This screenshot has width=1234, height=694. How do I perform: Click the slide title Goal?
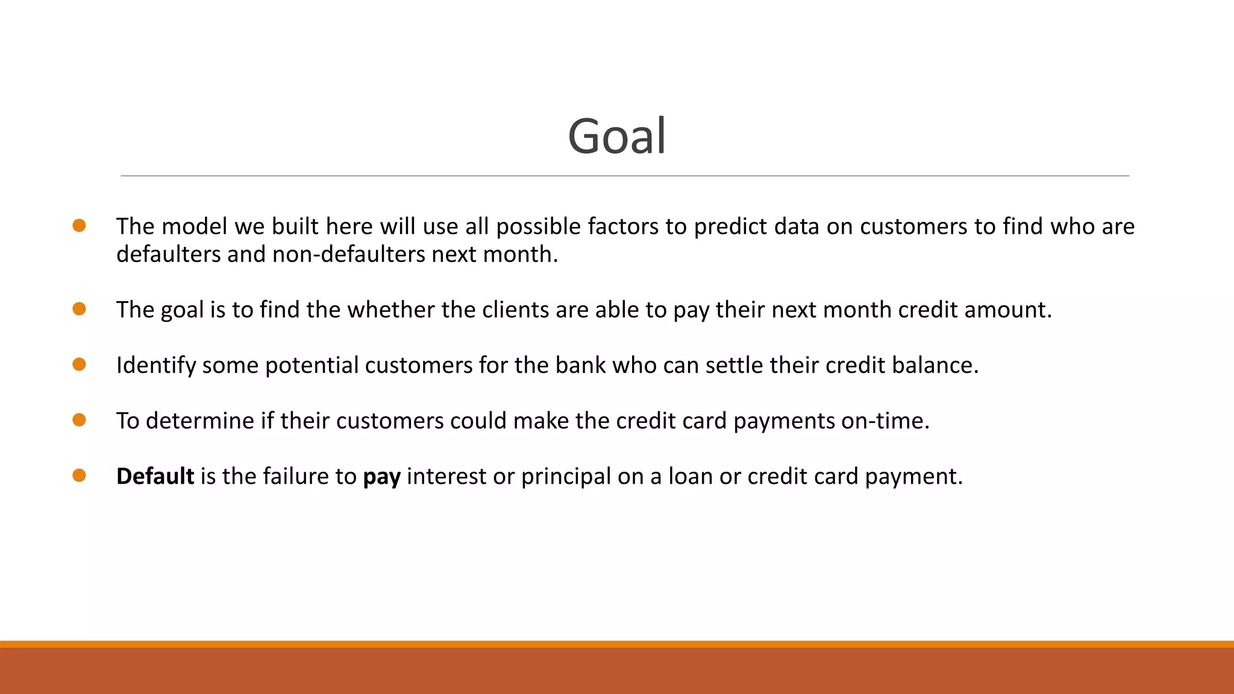pyautogui.click(x=616, y=136)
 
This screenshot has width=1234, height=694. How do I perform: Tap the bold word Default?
pyautogui.click(x=155, y=476)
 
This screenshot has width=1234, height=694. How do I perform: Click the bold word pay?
pyautogui.click(x=381, y=477)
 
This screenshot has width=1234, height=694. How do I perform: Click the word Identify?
pyautogui.click(x=155, y=366)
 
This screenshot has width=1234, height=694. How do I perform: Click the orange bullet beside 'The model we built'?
pyautogui.click(x=79, y=225)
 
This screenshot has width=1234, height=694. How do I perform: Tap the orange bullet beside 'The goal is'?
pyautogui.click(x=79, y=309)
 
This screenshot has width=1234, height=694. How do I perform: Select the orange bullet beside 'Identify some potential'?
pyautogui.click(x=79, y=364)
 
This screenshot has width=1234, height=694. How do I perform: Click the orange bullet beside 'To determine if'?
pyautogui.click(x=79, y=420)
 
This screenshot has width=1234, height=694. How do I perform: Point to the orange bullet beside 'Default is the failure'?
pyautogui.click(x=79, y=475)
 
